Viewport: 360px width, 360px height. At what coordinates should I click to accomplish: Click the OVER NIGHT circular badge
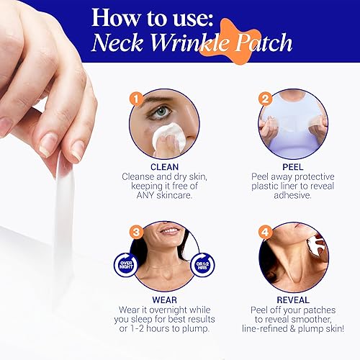[x=125, y=266]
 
